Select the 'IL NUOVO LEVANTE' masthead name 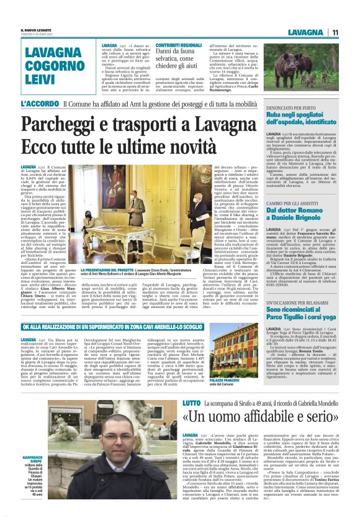(34, 29)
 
